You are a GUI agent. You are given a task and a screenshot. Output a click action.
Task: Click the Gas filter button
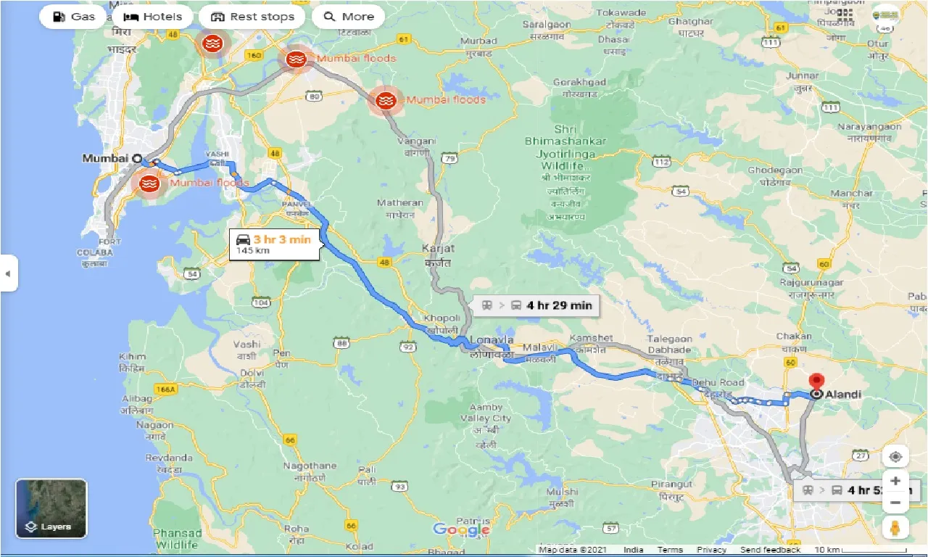pyautogui.click(x=74, y=17)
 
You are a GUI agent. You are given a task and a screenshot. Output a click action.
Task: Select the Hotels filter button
pyautogui.click(x=152, y=17)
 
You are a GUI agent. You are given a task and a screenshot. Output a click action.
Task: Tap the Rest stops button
pyautogui.click(x=252, y=17)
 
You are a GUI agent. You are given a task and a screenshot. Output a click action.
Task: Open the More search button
pyautogui.click(x=349, y=17)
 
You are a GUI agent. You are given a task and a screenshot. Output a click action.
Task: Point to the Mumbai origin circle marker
pyautogui.click(x=136, y=158)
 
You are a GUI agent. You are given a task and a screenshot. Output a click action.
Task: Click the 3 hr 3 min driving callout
pyautogui.click(x=274, y=244)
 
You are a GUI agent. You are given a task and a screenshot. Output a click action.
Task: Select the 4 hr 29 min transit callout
pyautogui.click(x=536, y=305)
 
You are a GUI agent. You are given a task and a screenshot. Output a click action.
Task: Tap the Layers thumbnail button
pyautogui.click(x=51, y=508)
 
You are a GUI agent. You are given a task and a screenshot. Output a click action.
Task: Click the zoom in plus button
pyautogui.click(x=895, y=481)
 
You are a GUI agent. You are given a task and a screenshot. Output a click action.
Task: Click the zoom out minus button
pyautogui.click(x=895, y=503)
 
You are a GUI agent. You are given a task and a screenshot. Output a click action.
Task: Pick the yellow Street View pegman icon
pyautogui.click(x=895, y=527)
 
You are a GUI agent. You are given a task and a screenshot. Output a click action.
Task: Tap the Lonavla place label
pyautogui.click(x=492, y=339)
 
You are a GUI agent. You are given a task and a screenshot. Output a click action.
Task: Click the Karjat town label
pyautogui.click(x=438, y=248)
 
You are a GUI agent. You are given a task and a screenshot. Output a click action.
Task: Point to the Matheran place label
pyautogui.click(x=399, y=203)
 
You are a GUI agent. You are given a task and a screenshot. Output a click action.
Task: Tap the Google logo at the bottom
pyautogui.click(x=461, y=529)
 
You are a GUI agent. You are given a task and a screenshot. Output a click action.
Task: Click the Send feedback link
pyautogui.click(x=771, y=550)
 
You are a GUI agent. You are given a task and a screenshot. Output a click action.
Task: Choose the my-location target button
pyautogui.click(x=895, y=456)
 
